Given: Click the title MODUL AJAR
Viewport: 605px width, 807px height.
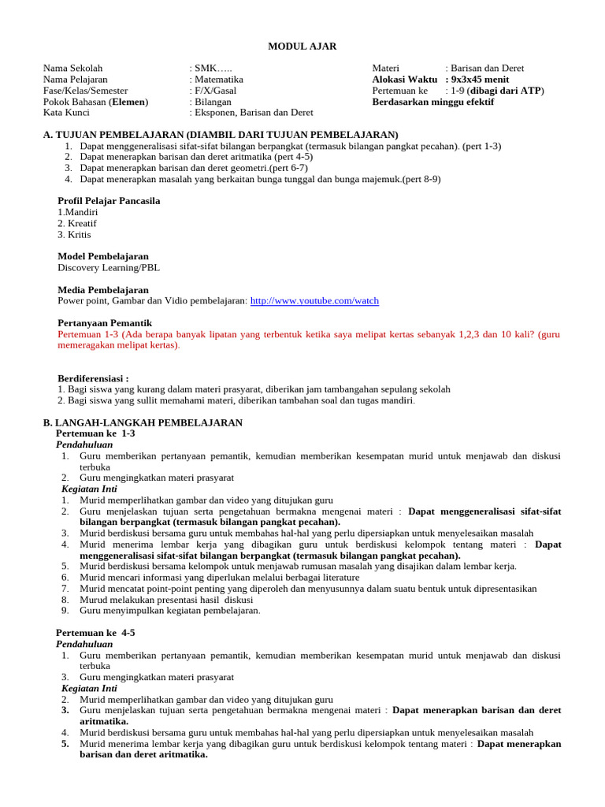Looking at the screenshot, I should point(302,46).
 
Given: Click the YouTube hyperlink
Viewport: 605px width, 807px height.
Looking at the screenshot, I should point(314,301).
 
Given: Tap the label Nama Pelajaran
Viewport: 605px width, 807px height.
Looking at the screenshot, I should point(76,80).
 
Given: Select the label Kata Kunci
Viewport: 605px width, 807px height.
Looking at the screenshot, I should point(68,113).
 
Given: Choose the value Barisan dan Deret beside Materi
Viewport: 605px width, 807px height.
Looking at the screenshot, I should point(488,69).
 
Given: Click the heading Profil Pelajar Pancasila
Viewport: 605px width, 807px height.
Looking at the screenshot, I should point(109,201).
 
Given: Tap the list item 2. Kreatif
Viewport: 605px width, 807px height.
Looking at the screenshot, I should point(75,223).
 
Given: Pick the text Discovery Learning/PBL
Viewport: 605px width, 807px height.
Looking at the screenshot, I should point(109,267).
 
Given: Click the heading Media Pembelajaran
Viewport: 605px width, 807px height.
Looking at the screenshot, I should point(103,290).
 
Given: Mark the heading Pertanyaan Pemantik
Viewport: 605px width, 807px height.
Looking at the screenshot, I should point(105,323).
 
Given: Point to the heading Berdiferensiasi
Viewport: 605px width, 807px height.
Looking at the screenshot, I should point(93,378).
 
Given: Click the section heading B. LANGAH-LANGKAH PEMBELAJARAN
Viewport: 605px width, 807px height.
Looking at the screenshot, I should point(143,423).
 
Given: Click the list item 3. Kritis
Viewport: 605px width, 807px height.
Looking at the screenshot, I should point(74,234).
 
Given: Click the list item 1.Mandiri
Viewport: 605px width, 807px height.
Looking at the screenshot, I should point(77,212).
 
